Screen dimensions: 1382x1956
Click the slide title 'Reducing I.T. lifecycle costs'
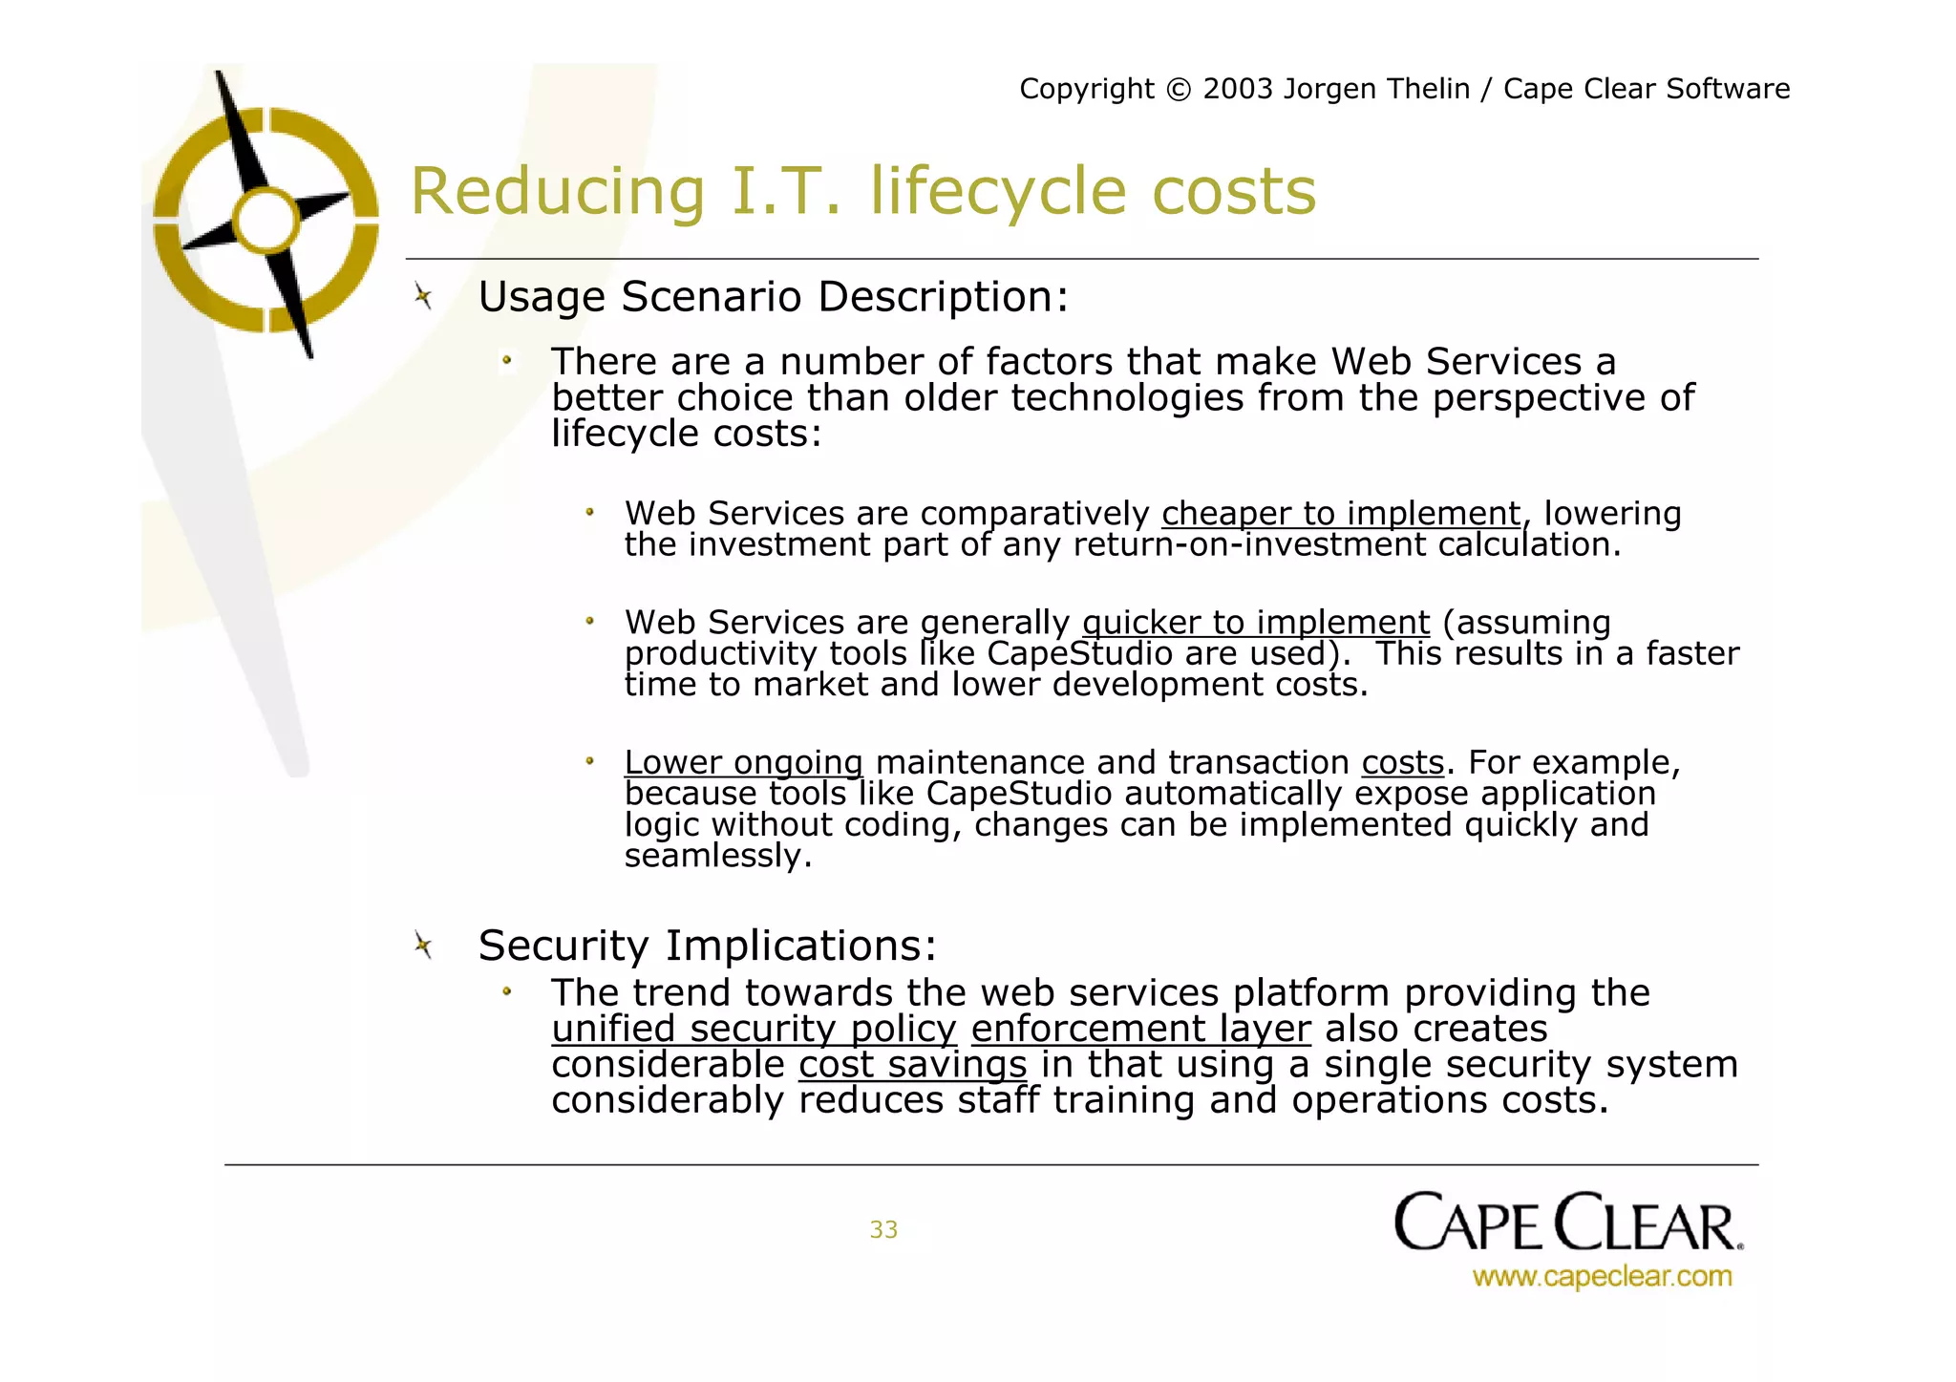point(862,191)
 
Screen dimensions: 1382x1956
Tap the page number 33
point(883,1230)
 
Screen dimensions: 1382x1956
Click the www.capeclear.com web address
point(1602,1277)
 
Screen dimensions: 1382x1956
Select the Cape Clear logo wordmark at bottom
point(1567,1223)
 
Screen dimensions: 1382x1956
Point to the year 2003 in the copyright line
point(1238,89)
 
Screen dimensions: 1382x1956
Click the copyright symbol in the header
point(1179,90)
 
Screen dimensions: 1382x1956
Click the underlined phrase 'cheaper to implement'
point(1340,514)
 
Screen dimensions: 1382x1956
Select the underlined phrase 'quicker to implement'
point(1256,623)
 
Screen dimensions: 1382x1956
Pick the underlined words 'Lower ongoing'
point(743,763)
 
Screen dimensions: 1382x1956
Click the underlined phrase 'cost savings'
point(912,1065)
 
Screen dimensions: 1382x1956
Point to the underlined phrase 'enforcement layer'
point(1140,1029)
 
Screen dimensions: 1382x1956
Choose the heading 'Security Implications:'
point(708,946)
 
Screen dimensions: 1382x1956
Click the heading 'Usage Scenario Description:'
point(773,297)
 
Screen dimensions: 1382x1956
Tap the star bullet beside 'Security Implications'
point(423,946)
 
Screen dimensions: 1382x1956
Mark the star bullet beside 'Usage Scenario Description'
point(423,297)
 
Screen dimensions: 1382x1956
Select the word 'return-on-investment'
point(1249,545)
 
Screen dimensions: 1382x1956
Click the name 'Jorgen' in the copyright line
point(1329,90)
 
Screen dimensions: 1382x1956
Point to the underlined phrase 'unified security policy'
point(754,1029)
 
